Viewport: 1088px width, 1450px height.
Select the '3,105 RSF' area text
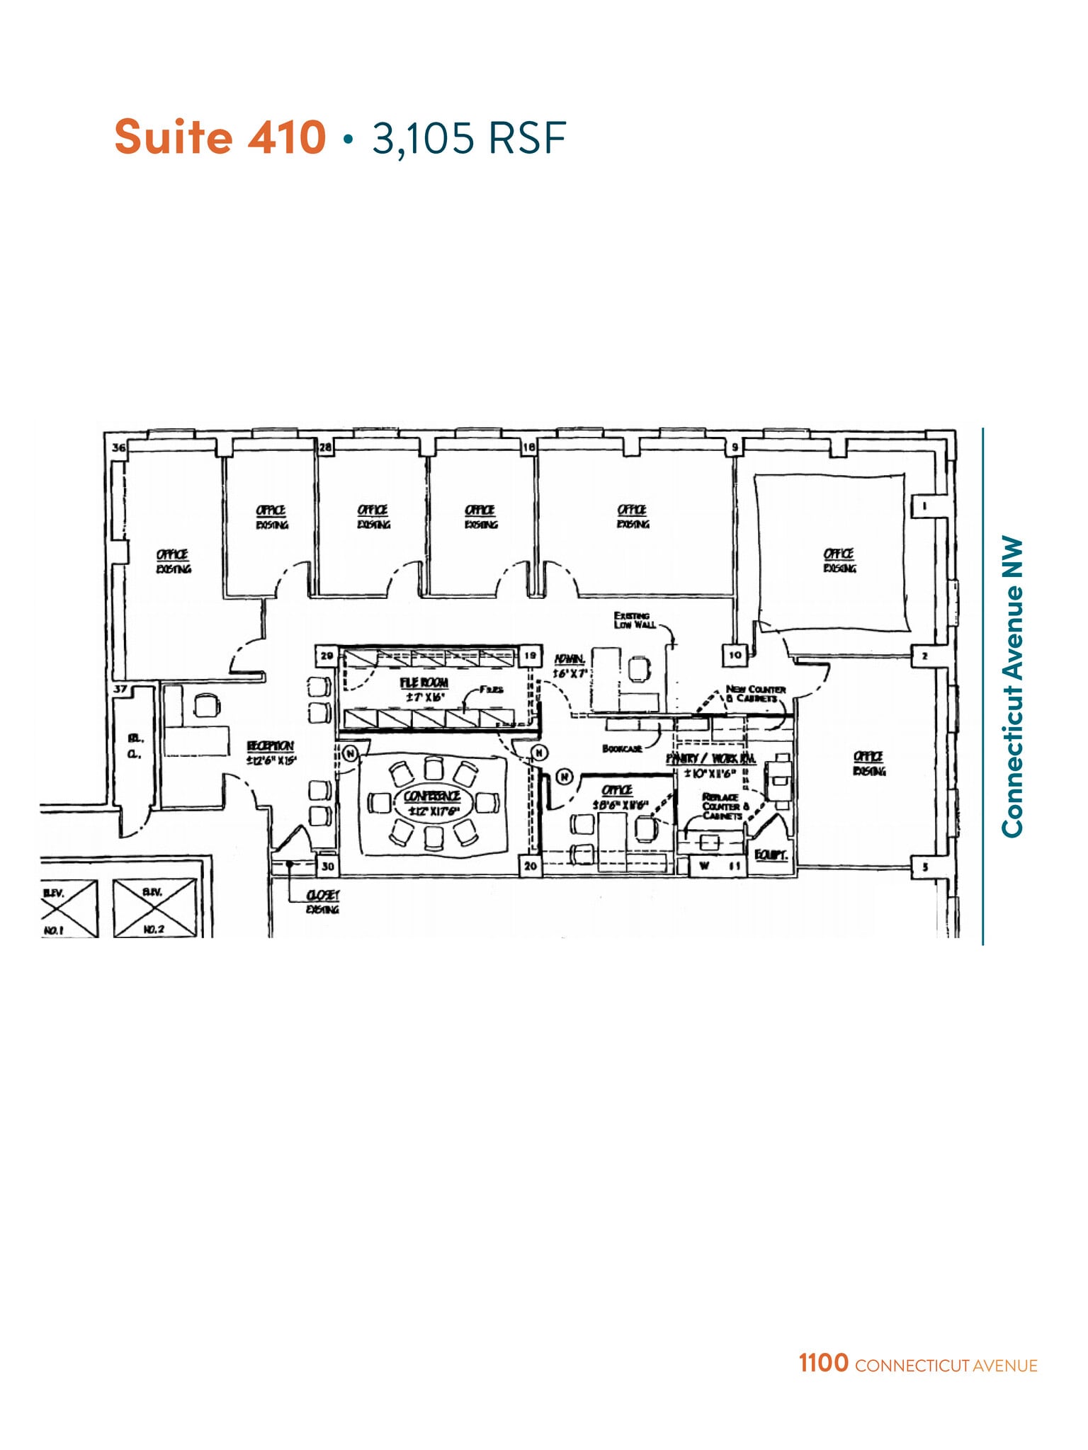coord(469,137)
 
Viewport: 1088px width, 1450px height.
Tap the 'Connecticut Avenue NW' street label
coord(1013,687)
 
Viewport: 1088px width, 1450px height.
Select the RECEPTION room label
coord(270,746)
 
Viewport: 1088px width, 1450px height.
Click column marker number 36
coord(118,447)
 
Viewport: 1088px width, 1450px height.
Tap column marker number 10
coord(735,655)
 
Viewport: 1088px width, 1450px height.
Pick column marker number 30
coord(327,866)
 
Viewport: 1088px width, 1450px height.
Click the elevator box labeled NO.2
coord(154,908)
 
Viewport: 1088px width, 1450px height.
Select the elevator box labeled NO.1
coord(69,908)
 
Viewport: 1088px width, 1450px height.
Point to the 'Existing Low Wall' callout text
coord(634,620)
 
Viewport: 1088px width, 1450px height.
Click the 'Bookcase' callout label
coord(622,748)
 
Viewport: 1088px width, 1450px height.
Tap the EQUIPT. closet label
coord(771,855)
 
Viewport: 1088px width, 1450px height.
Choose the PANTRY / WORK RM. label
coord(710,758)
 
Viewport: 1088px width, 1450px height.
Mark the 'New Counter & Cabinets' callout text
coord(755,694)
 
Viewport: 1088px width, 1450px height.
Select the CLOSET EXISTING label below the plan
coord(322,902)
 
